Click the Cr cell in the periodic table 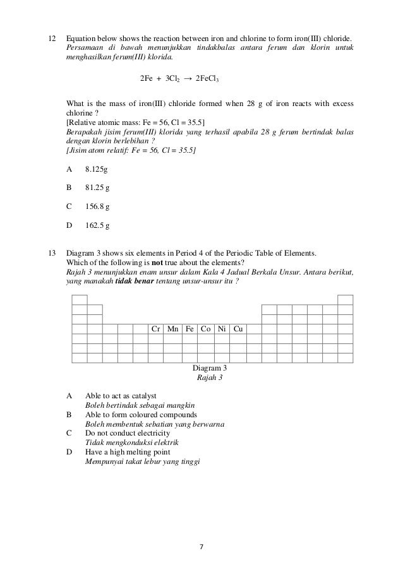[x=155, y=329]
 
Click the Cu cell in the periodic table [x=238, y=329]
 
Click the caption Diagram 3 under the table [x=208, y=368]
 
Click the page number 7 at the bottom [x=201, y=547]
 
